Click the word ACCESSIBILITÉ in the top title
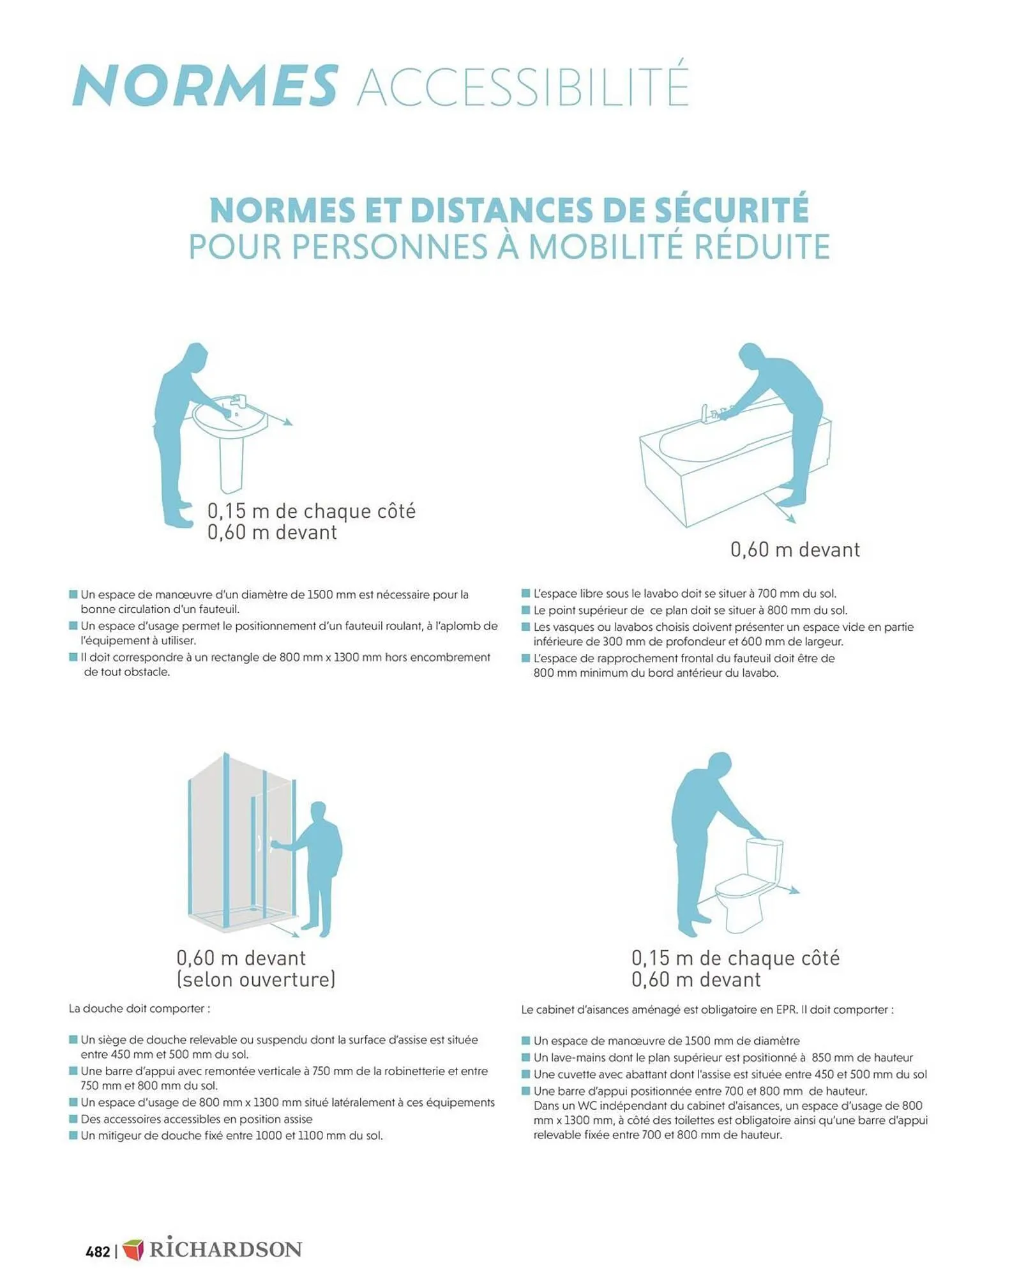coord(523,86)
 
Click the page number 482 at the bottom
coord(97,1251)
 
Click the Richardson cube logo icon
coord(133,1250)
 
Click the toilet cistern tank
coord(764,859)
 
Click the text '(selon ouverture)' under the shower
coord(255,979)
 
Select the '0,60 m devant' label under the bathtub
coord(795,550)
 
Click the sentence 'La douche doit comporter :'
coord(139,1009)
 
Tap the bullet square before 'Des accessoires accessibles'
coord(73,1119)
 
